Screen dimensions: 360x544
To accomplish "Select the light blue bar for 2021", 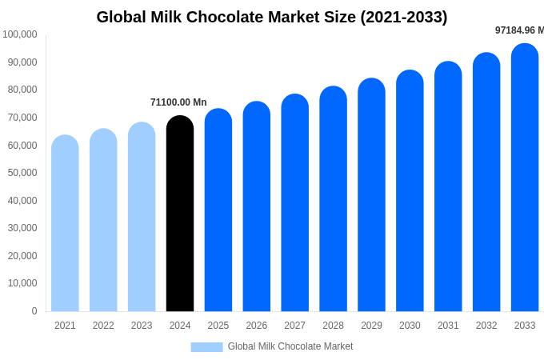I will [x=65, y=224].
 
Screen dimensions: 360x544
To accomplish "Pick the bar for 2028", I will [x=333, y=199].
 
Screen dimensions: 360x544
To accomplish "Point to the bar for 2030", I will [x=410, y=191].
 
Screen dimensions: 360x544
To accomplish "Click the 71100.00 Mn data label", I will [x=178, y=102].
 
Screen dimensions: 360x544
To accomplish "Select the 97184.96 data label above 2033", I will [x=518, y=30].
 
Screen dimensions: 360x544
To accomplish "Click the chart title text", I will [x=272, y=17].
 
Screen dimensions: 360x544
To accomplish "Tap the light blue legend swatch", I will [x=206, y=347].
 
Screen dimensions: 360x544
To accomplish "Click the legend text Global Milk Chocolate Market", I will [x=290, y=346].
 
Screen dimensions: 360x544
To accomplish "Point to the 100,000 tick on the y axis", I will [x=20, y=34].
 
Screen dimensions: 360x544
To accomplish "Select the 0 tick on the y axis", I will [x=34, y=311].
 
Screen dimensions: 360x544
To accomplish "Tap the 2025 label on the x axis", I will [x=218, y=326].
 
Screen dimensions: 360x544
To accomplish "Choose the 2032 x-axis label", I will [x=486, y=326].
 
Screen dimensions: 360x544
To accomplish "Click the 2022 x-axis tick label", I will [x=103, y=326].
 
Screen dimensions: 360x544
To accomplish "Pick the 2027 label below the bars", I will [x=294, y=326].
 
